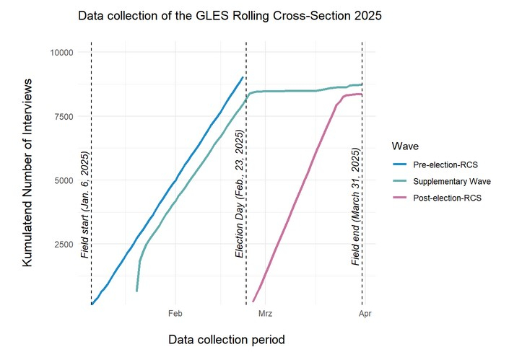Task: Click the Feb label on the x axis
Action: [175, 314]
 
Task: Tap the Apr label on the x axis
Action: [364, 314]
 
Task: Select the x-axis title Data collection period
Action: [226, 339]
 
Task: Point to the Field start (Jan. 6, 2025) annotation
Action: [85, 205]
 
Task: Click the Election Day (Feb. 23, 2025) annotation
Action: [240, 194]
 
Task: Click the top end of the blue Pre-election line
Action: [243, 77]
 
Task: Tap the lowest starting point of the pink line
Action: [253, 301]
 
